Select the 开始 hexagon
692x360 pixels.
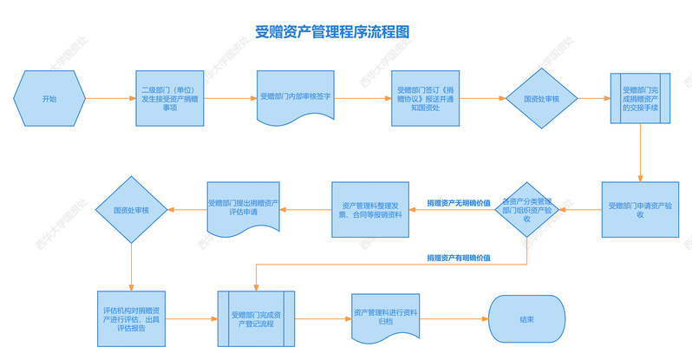[49, 100]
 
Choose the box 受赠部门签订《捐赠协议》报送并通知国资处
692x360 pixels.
[423, 99]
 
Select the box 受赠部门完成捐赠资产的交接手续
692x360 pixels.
[641, 99]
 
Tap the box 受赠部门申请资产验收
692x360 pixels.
[641, 210]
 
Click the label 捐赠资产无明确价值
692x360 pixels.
[459, 202]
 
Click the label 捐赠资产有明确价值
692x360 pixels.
[459, 258]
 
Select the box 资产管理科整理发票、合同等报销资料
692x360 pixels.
[368, 210]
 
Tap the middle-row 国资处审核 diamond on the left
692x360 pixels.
[131, 210]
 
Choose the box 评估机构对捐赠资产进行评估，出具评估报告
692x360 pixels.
[131, 318]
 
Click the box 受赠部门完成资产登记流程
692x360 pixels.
[256, 318]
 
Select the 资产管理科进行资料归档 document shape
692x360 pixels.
[386, 317]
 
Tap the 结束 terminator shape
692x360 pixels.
[526, 318]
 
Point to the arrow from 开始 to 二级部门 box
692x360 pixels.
[110, 100]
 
